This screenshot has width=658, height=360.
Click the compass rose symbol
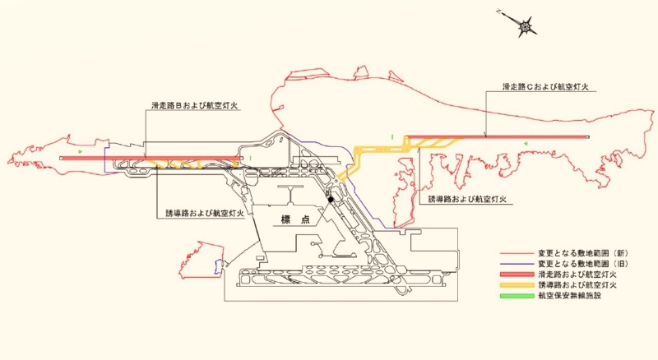coord(525,27)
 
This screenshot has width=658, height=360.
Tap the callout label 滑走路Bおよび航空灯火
coord(195,105)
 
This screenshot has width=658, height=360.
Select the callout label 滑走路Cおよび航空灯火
coord(545,87)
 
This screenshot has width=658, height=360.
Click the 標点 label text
coord(296,219)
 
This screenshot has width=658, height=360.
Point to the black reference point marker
coord(331,200)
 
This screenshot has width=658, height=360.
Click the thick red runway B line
coord(151,158)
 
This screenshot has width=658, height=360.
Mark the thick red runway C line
coord(497,136)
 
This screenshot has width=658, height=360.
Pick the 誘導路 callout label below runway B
coord(205,213)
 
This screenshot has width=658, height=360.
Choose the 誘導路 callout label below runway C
coord(467,200)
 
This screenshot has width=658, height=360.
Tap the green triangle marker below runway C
coord(525,144)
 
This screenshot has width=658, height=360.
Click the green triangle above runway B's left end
coord(80,150)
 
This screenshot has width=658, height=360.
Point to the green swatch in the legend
coord(517,296)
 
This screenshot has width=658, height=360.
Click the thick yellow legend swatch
coord(517,285)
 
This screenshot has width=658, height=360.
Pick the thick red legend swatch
coord(517,275)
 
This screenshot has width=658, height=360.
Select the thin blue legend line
coord(517,265)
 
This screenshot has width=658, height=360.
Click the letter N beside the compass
coord(498,12)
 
